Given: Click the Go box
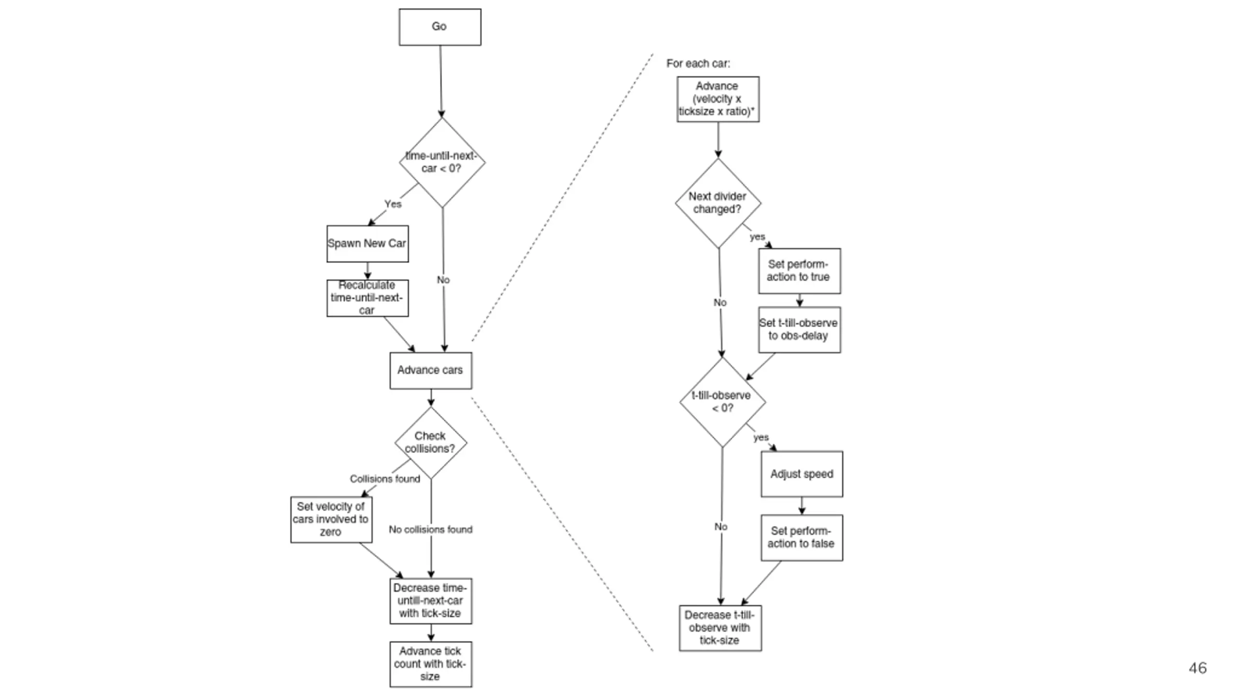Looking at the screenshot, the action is [440, 27].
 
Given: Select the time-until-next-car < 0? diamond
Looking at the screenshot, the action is [442, 163].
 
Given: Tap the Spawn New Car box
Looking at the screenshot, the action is [367, 243].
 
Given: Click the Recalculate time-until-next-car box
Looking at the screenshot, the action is [367, 298].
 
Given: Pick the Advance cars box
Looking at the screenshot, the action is [431, 370].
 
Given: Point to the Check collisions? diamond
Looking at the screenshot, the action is [431, 443].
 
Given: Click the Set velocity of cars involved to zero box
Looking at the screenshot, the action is [332, 519].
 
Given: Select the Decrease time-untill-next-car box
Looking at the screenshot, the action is [431, 601].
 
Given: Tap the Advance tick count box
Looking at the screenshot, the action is [431, 664].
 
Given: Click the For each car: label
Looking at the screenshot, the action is [698, 63].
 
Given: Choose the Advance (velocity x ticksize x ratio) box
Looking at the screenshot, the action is [718, 99].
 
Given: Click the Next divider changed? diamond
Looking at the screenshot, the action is [718, 203].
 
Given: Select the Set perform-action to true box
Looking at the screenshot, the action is [800, 271].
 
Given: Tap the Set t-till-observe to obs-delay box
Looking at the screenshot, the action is [800, 330].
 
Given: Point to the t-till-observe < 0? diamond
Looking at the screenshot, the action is [723, 402].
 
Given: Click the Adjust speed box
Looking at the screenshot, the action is [802, 474].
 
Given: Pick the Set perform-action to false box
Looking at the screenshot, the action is [802, 538].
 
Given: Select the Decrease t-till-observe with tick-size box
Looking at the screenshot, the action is [720, 628].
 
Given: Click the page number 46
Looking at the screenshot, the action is [1197, 668].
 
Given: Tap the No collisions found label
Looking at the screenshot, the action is [431, 530].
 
